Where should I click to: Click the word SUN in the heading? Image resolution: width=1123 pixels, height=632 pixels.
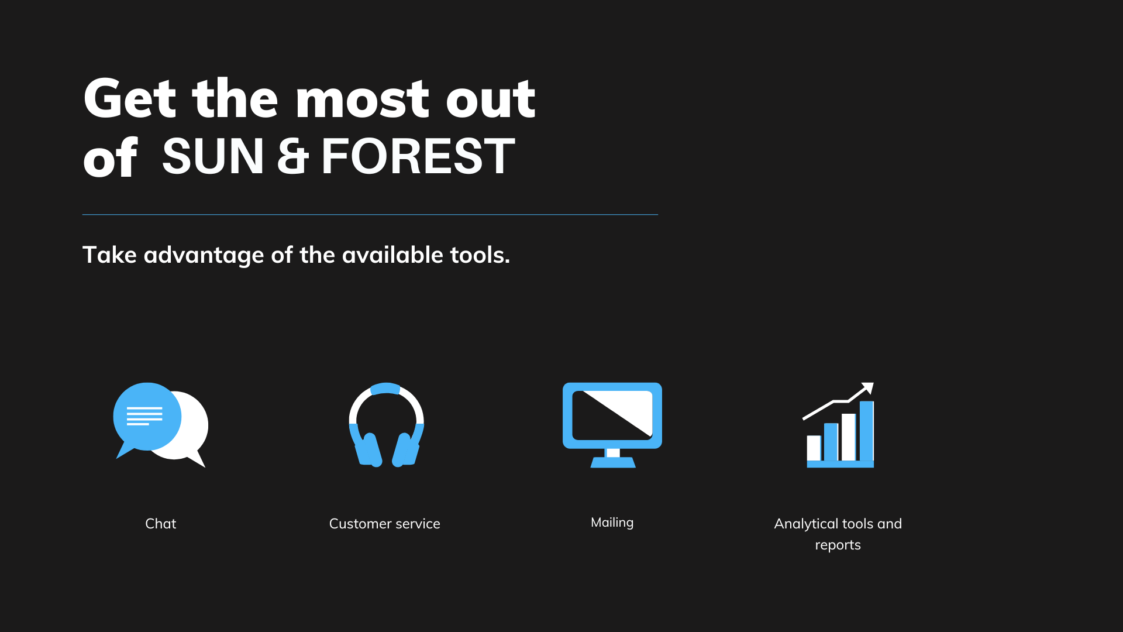[213, 156]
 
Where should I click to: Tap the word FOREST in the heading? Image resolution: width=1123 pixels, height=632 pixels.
[418, 156]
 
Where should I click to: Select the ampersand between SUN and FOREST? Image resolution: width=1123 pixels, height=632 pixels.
[292, 156]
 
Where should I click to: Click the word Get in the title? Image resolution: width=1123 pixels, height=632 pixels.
[130, 98]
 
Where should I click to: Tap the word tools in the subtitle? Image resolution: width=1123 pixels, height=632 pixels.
[480, 255]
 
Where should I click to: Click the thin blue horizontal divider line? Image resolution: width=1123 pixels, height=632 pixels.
[370, 215]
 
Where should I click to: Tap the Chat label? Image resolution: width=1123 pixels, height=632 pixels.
[160, 524]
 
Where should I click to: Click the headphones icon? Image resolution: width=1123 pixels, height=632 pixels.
[386, 425]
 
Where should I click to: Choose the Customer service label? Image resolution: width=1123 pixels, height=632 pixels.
[384, 524]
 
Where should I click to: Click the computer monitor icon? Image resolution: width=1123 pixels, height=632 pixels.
[612, 425]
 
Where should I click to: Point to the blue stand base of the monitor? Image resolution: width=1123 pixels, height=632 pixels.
[613, 462]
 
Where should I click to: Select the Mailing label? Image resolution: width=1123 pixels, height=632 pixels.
[612, 523]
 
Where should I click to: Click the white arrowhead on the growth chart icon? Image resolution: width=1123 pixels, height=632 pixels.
[869, 387]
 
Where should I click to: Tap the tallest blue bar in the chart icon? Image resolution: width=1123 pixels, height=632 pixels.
[866, 431]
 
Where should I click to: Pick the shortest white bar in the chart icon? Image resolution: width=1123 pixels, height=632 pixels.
[814, 448]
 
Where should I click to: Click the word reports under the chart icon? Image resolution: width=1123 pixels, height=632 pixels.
[838, 545]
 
